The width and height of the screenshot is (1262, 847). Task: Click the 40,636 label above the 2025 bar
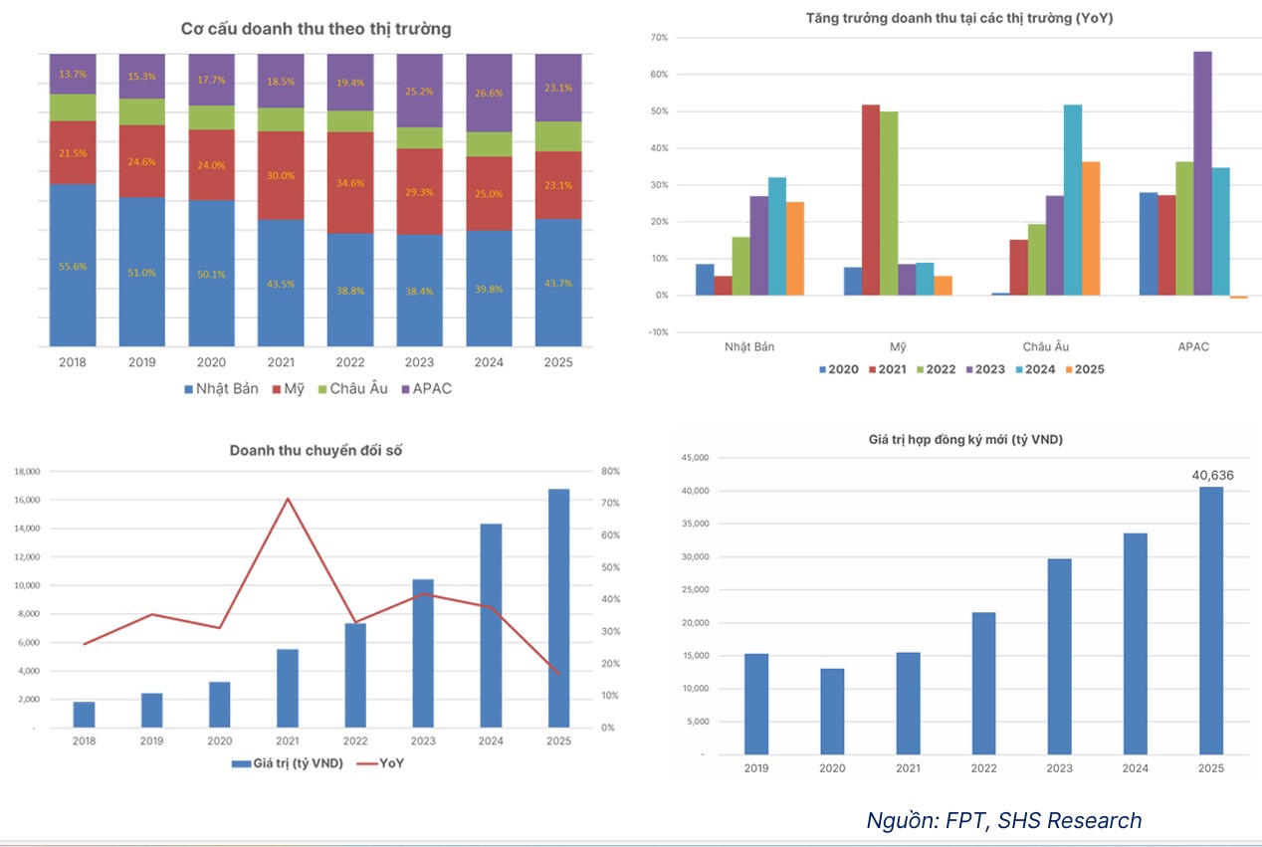pos(1212,475)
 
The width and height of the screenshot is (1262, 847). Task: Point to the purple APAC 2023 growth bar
pos(1202,173)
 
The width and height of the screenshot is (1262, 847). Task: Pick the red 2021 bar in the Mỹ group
pos(870,200)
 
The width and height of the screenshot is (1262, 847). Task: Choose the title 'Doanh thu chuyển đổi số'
pos(315,451)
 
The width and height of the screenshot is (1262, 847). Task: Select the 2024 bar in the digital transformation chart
pos(491,625)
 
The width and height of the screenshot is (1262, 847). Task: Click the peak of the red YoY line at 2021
pos(288,499)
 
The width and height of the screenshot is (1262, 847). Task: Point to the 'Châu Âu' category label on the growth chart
pos(1046,346)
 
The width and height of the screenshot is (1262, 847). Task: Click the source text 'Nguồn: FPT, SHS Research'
pos(1003,820)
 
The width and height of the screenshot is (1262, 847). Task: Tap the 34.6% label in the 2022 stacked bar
pos(350,184)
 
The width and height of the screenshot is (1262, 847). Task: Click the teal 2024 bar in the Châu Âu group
pos(1073,200)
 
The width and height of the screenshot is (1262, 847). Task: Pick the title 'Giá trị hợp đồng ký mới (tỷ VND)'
pos(967,439)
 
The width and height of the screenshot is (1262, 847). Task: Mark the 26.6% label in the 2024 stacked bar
pos(490,94)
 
